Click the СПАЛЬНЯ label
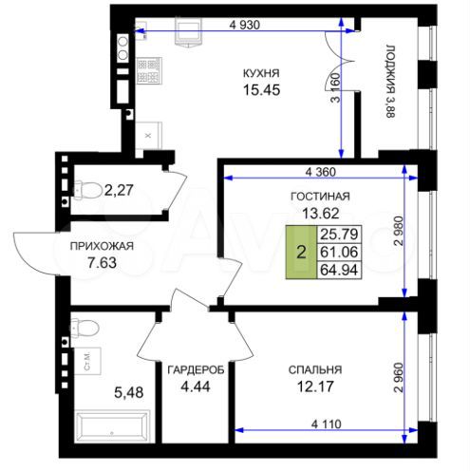[314, 369]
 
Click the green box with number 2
[301, 253]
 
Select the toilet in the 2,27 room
[87, 190]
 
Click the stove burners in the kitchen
[147, 67]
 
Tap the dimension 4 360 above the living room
[324, 172]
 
